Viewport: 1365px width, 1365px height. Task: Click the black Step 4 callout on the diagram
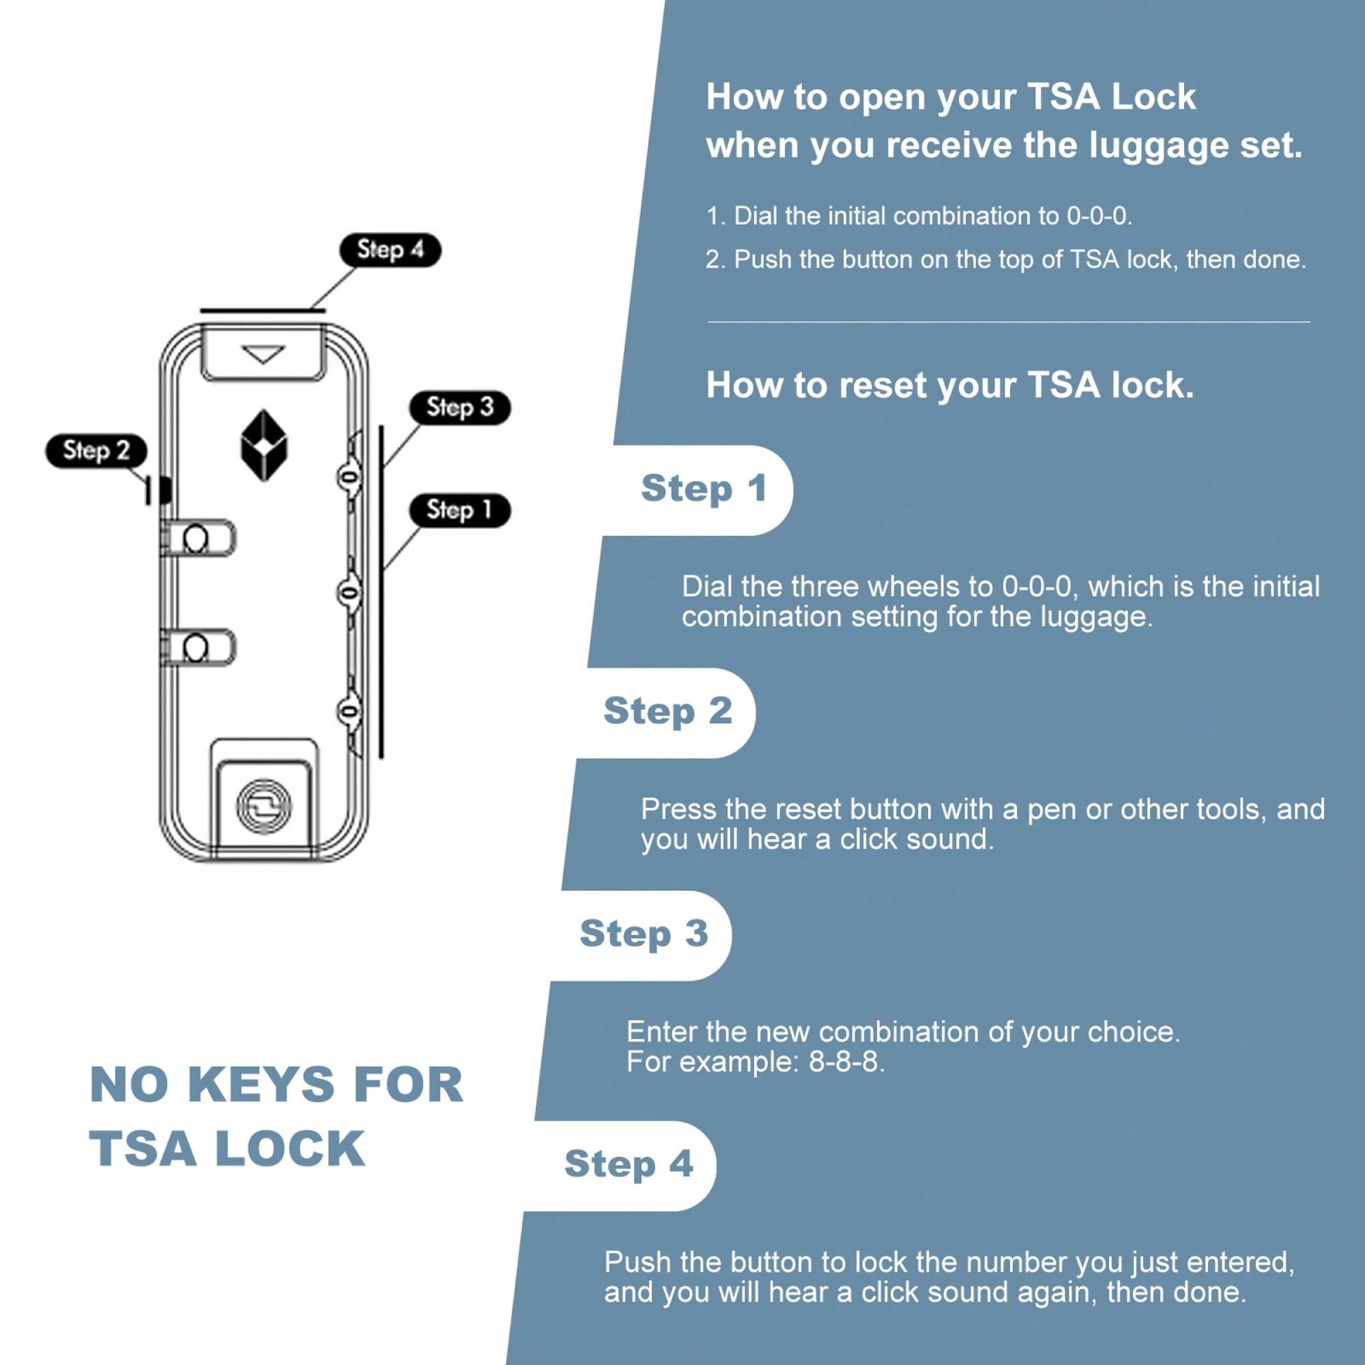pos(390,250)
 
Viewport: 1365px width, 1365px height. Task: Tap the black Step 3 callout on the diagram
pos(460,408)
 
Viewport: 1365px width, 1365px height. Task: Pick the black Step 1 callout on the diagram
pos(460,510)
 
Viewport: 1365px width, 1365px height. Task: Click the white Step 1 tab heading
pos(704,489)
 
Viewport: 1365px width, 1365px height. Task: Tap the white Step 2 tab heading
pos(668,711)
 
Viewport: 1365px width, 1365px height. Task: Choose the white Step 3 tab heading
pos(644,934)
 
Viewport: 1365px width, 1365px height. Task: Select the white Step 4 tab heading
pos(628,1164)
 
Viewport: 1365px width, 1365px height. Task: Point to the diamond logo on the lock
pos(264,446)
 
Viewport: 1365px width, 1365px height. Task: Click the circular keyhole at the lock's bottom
pos(264,806)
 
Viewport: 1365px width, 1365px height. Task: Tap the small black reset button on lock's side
pos(164,489)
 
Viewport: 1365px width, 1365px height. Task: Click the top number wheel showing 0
pos(349,478)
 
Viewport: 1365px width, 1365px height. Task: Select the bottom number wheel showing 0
pos(349,711)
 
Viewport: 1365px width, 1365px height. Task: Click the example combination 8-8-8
pos(846,1062)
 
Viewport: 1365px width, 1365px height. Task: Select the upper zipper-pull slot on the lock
pos(197,539)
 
